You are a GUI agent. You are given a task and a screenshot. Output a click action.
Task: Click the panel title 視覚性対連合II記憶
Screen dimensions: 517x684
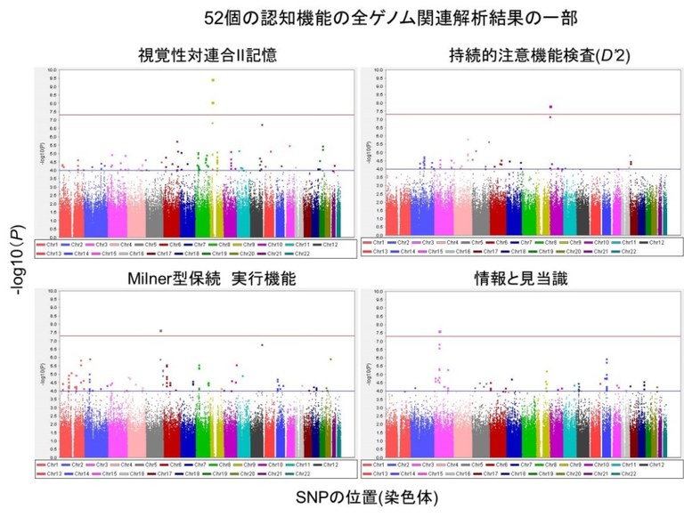[x=207, y=55]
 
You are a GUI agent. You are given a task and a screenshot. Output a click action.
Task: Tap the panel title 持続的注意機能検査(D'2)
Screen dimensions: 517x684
[x=527, y=55]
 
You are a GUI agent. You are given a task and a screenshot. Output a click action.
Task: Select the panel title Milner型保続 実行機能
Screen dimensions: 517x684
[x=207, y=279]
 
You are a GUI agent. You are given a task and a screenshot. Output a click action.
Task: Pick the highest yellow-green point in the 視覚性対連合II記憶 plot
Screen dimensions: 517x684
[x=213, y=80]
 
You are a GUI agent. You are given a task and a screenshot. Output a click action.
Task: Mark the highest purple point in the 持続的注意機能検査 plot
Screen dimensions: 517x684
[x=550, y=107]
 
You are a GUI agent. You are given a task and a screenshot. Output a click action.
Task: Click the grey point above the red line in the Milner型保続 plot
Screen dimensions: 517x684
[x=160, y=331]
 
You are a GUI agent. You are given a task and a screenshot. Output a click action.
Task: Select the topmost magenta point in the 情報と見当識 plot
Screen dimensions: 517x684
[x=439, y=331]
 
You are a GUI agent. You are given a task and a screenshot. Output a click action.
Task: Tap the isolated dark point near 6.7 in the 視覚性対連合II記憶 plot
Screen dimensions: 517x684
[x=262, y=125]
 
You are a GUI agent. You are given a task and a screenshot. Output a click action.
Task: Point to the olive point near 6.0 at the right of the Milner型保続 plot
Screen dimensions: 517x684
[x=330, y=359]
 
